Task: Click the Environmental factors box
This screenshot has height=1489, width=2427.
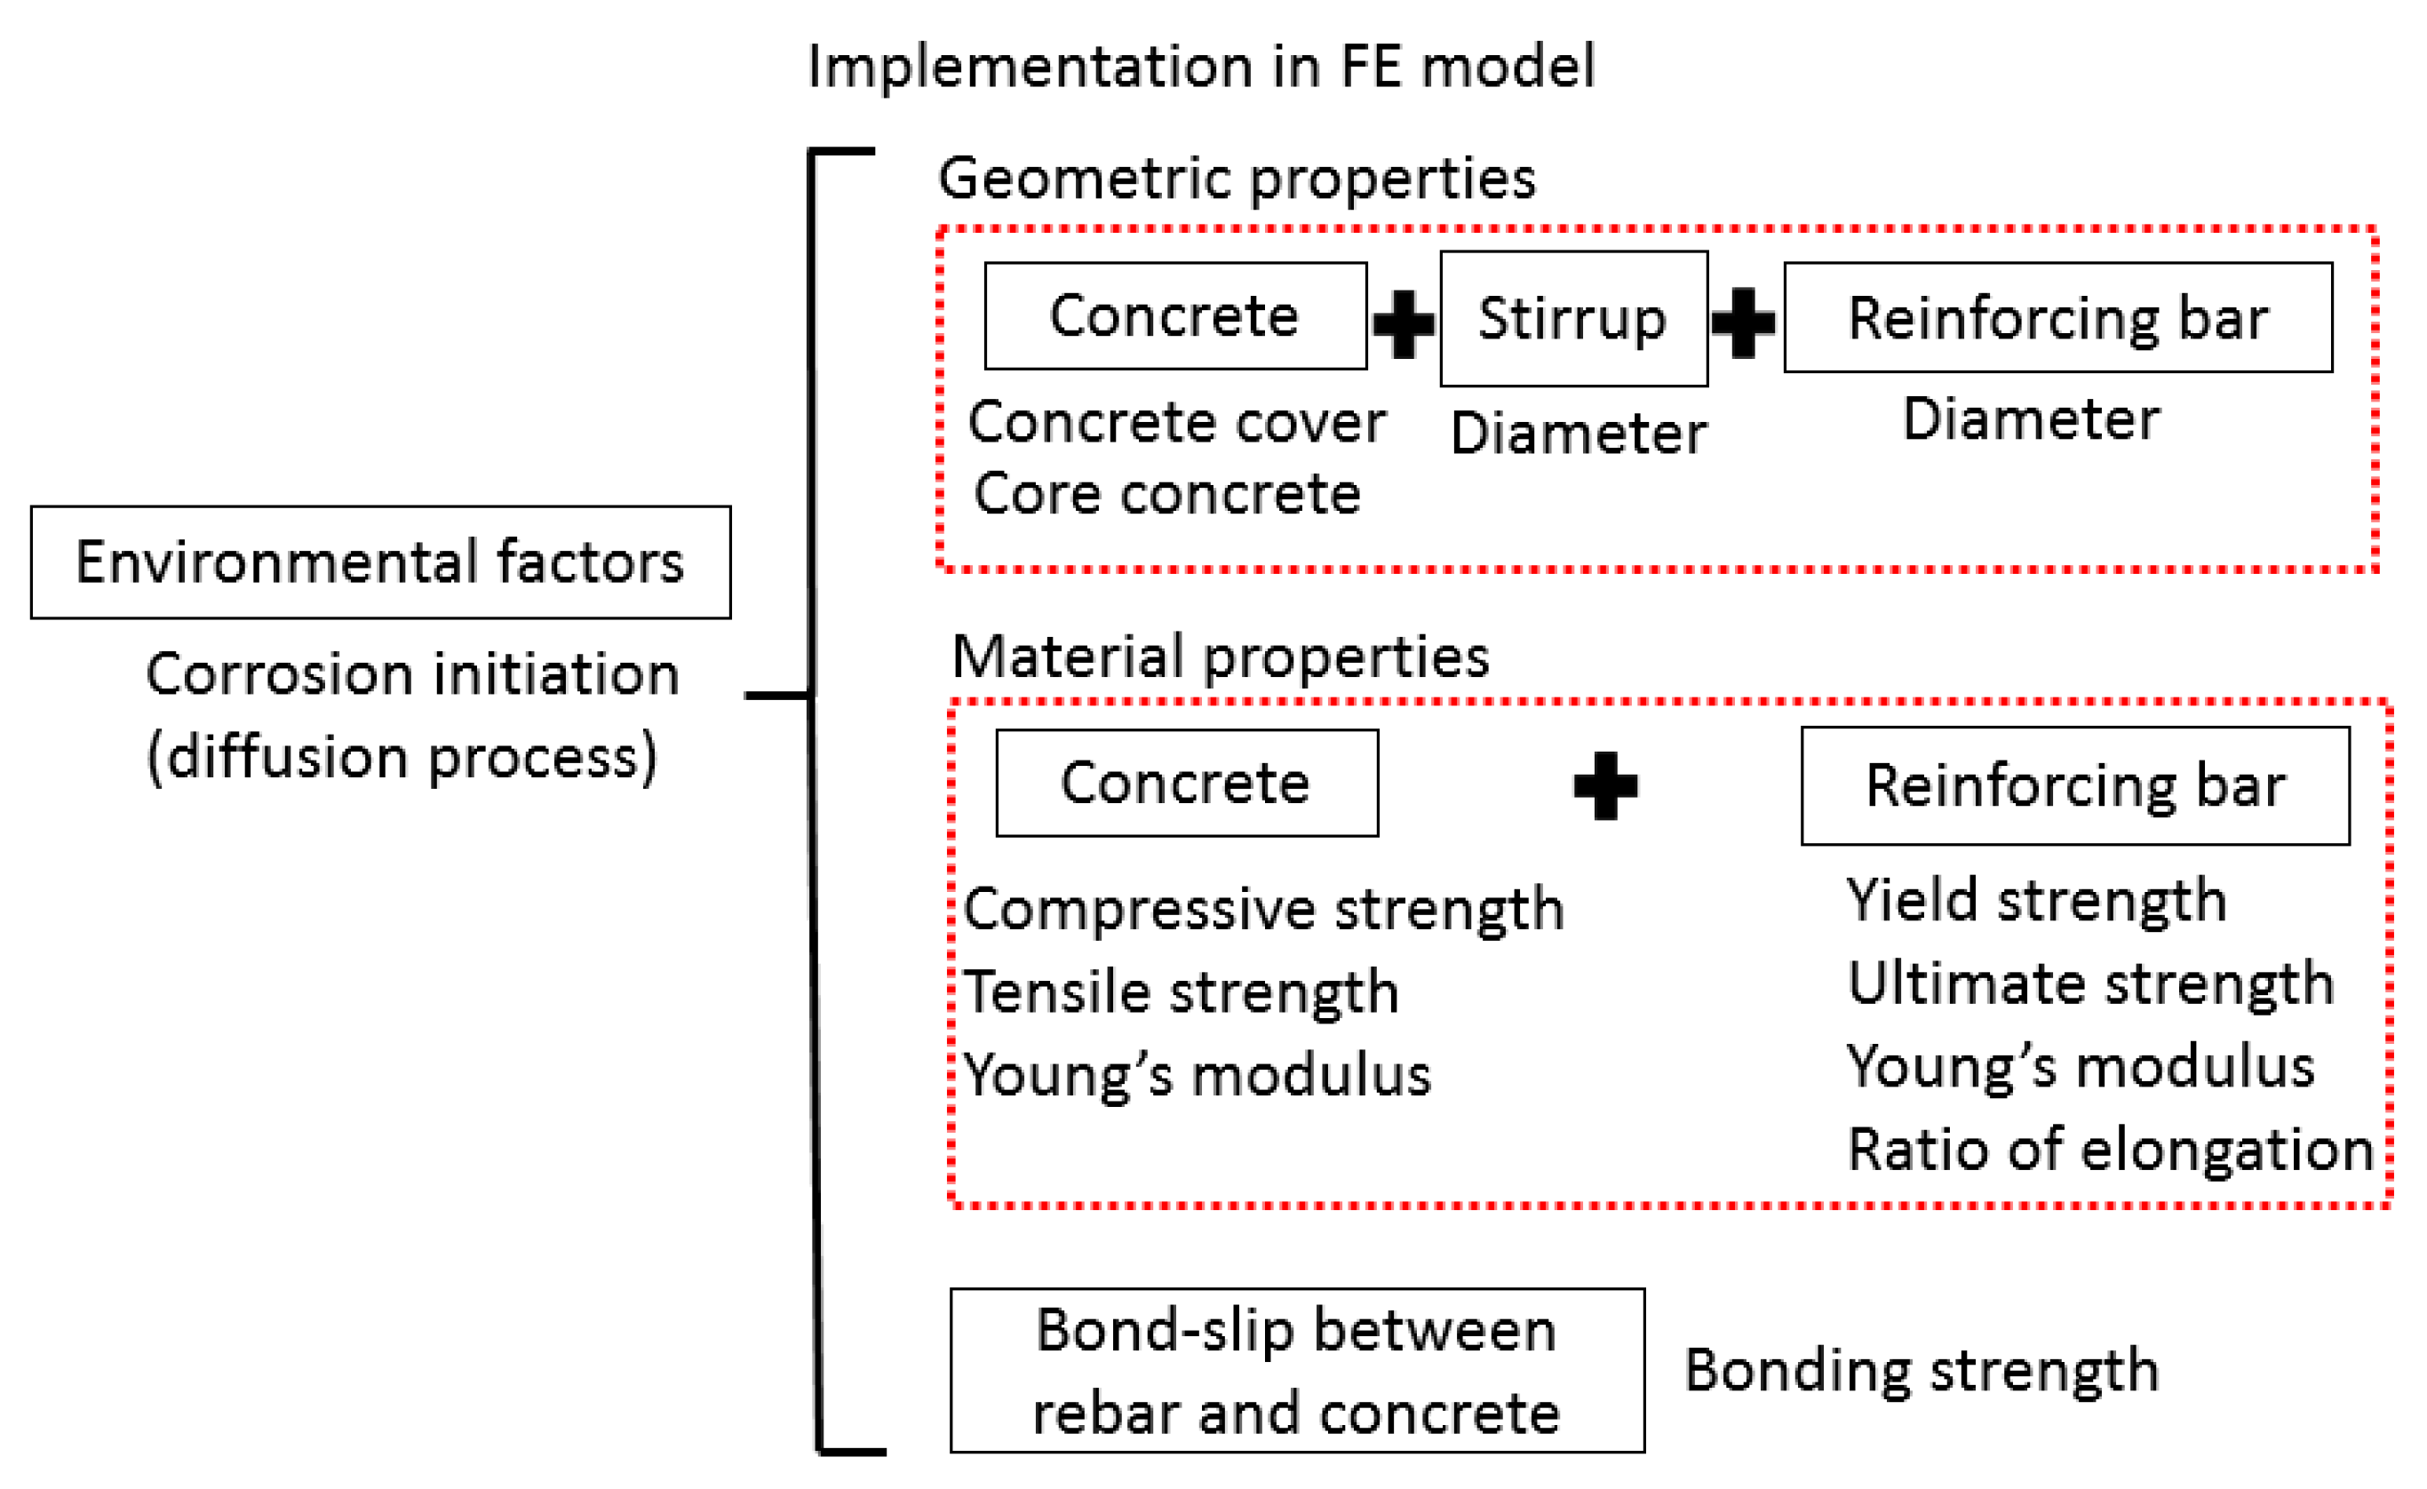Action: pyautogui.click(x=380, y=562)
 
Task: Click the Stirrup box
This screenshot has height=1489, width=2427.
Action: pyautogui.click(x=1573, y=318)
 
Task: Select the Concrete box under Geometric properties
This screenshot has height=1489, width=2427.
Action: pyautogui.click(x=1175, y=316)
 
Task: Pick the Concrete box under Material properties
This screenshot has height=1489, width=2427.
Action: pyautogui.click(x=1186, y=783)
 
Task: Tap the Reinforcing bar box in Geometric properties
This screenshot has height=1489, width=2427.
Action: pyautogui.click(x=2057, y=317)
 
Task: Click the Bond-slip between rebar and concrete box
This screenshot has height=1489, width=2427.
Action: pyautogui.click(x=1296, y=1371)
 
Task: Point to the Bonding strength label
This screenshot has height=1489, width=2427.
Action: pyautogui.click(x=1921, y=1370)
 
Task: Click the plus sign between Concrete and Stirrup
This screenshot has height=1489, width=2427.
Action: pyautogui.click(x=1404, y=323)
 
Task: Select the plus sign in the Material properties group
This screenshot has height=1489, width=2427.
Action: pyautogui.click(x=1605, y=786)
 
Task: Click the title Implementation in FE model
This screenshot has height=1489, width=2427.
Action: pyautogui.click(x=1199, y=67)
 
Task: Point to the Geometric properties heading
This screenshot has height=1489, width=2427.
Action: pyautogui.click(x=1237, y=179)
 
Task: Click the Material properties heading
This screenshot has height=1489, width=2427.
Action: pyautogui.click(x=1220, y=657)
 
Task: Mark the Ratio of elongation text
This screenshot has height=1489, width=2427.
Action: pyautogui.click(x=2110, y=1150)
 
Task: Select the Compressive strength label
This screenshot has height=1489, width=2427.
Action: pyautogui.click(x=1262, y=909)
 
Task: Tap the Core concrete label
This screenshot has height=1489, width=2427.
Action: pyautogui.click(x=1166, y=493)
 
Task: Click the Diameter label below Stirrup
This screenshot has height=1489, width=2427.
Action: pyautogui.click(x=1578, y=434)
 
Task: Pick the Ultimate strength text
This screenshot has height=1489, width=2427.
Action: pyautogui.click(x=2090, y=983)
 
